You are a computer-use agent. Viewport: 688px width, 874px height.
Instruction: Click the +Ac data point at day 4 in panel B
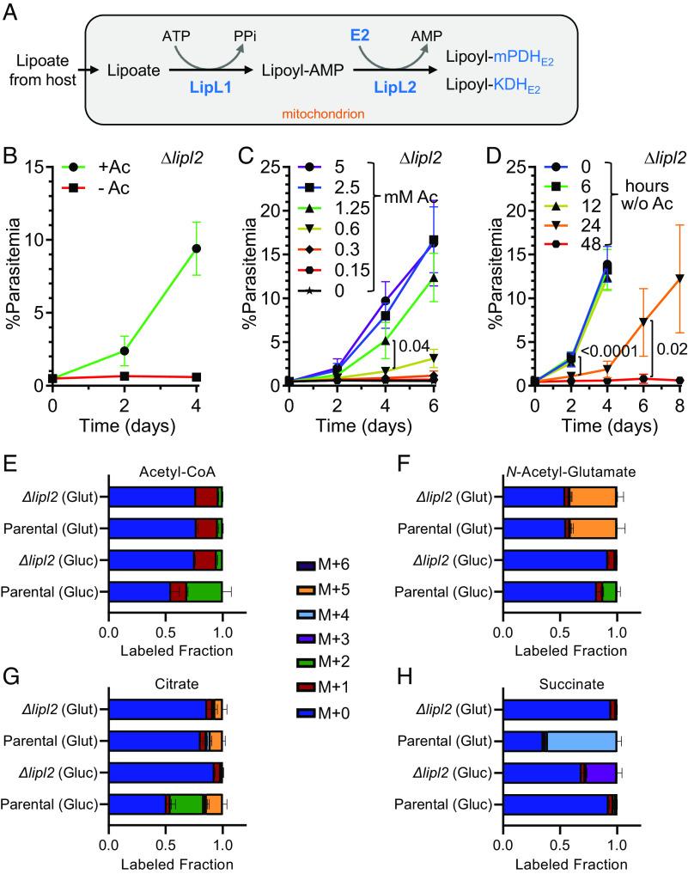[198, 248]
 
